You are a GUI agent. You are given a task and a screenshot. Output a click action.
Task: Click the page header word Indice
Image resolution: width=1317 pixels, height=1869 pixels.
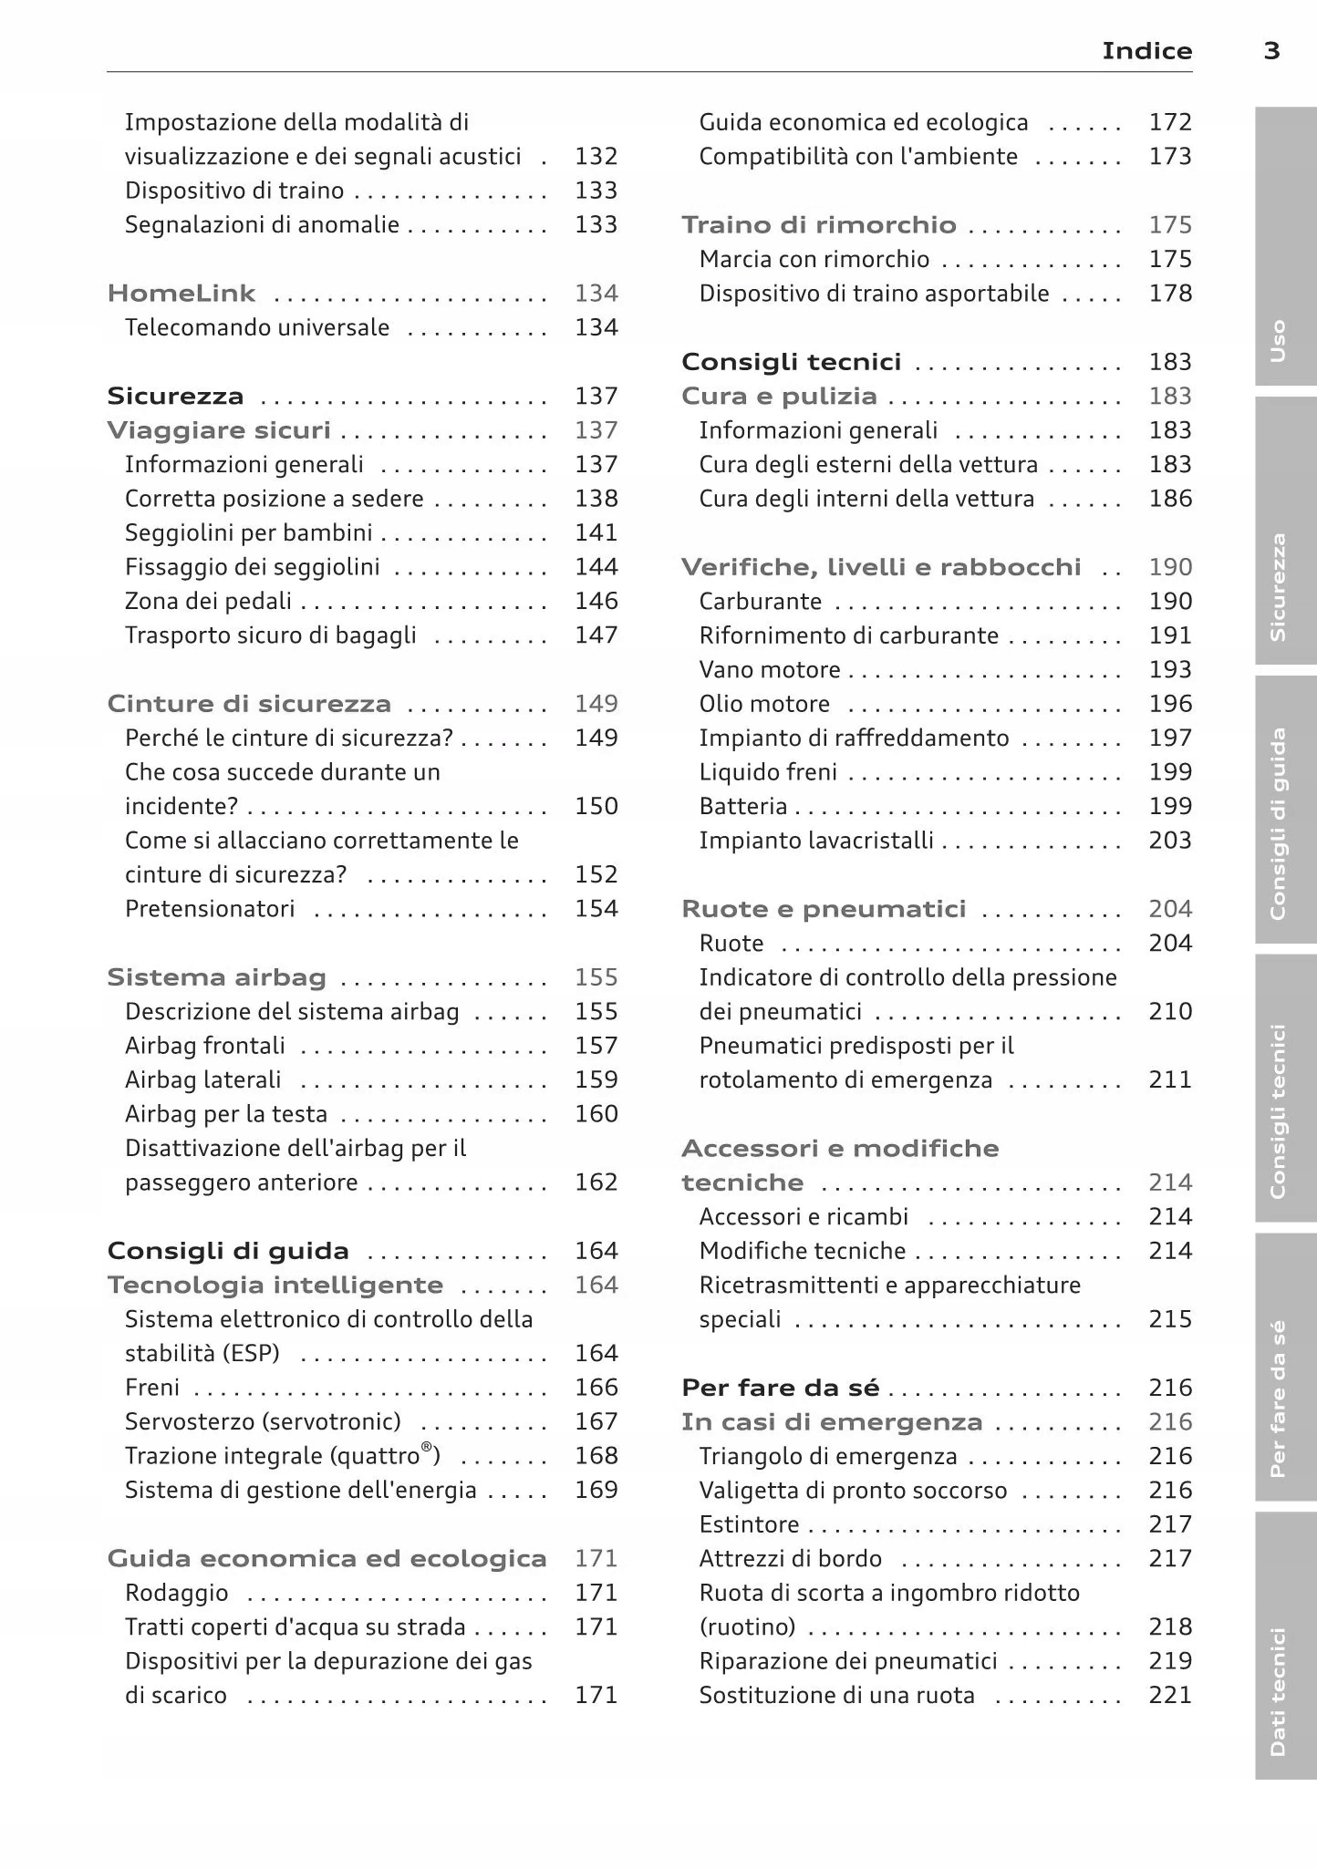pyautogui.click(x=1146, y=51)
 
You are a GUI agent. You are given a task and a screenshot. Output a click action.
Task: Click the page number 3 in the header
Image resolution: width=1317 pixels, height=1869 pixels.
pyautogui.click(x=1271, y=51)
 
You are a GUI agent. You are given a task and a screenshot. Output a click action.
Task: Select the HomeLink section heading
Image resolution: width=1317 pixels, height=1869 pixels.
pyautogui.click(x=181, y=294)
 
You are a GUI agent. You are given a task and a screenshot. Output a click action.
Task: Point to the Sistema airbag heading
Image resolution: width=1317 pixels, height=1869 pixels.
pyautogui.click(x=216, y=977)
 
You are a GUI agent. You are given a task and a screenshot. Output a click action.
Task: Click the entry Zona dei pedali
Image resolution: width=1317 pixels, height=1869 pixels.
pyautogui.click(x=208, y=601)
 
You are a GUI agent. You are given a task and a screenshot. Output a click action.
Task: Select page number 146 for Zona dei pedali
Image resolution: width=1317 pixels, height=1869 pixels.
pyautogui.click(x=596, y=601)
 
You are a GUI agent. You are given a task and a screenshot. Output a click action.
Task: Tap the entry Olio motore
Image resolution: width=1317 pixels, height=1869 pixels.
pyautogui.click(x=764, y=704)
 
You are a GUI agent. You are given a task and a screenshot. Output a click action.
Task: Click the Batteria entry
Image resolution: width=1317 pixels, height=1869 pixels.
pyautogui.click(x=742, y=806)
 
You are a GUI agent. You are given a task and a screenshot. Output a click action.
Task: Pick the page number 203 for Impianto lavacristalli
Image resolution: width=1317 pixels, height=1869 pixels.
pyautogui.click(x=1170, y=840)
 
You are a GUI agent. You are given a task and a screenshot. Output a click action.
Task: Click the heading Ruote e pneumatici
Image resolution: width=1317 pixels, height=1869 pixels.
pyautogui.click(x=824, y=909)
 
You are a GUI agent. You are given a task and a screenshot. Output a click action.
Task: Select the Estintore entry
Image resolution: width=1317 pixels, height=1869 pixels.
pyautogui.click(x=749, y=1524)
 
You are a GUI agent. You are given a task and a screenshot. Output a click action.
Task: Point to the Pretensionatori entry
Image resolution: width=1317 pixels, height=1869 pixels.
pyautogui.click(x=210, y=909)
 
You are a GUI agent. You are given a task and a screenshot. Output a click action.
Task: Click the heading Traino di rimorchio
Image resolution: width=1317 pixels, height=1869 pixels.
pyautogui.click(x=819, y=225)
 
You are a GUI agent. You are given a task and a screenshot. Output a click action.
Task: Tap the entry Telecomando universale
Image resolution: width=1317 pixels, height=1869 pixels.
pyautogui.click(x=257, y=327)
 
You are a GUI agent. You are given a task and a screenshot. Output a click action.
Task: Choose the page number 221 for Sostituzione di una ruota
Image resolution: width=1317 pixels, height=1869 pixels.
pyautogui.click(x=1170, y=1695)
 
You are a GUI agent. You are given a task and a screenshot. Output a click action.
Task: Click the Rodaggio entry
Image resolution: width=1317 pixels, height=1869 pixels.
pyautogui.click(x=176, y=1593)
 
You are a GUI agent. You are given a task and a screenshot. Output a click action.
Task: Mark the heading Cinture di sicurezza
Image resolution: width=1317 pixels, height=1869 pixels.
pyautogui.click(x=249, y=704)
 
